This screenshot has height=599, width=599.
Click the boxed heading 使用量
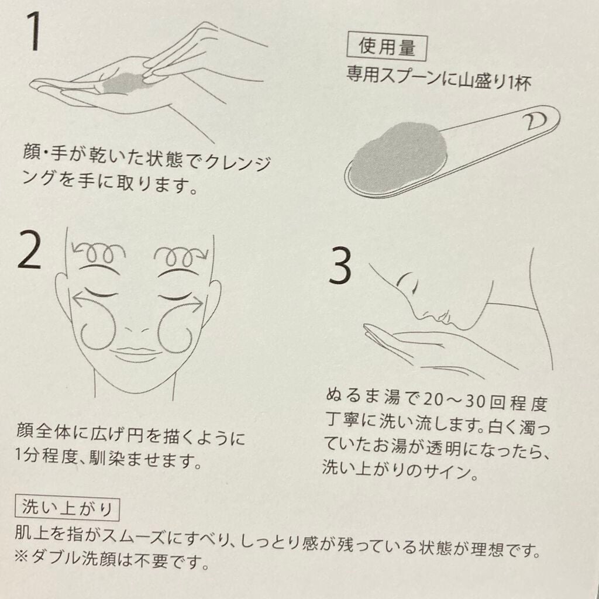click(x=386, y=48)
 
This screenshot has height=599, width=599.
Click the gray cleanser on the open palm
click(x=123, y=82)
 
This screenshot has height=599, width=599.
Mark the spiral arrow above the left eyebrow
click(x=99, y=252)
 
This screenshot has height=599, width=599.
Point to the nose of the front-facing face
click(x=136, y=329)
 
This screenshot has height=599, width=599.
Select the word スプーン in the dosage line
click(x=421, y=75)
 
